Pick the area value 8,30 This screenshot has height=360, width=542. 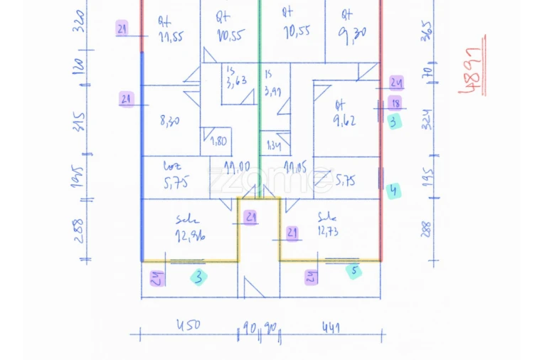(x=169, y=121)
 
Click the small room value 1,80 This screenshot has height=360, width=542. (x=218, y=140)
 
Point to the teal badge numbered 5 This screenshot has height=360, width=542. (x=354, y=270)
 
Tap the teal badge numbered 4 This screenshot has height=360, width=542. (x=394, y=190)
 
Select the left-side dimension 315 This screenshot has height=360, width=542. (x=79, y=122)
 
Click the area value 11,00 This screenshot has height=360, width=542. (x=236, y=167)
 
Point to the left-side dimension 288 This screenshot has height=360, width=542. (x=78, y=230)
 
